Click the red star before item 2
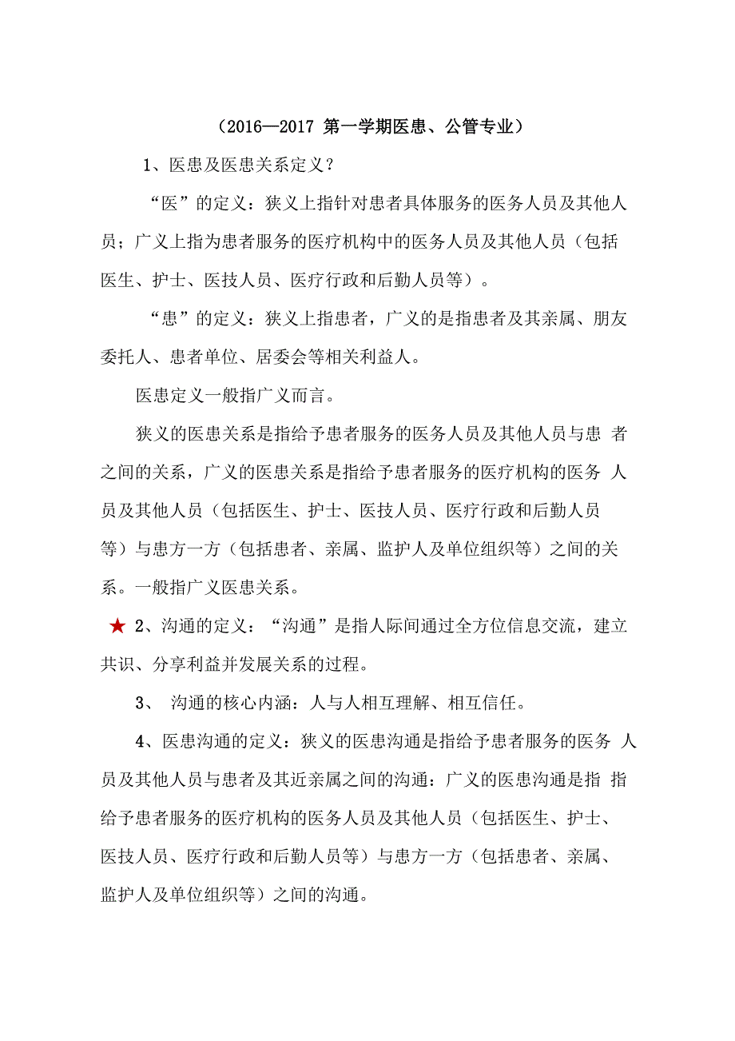117,627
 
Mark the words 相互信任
487,704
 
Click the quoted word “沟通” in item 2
297,627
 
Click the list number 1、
153,166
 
